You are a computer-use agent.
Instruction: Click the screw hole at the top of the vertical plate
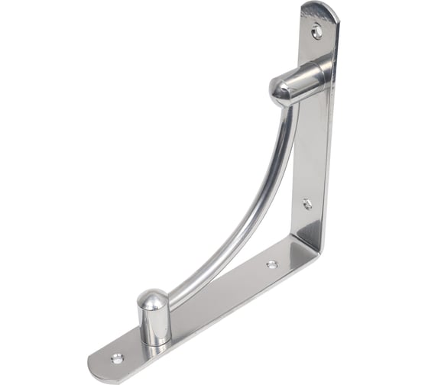(316, 31)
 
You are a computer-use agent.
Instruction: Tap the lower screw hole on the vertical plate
(306, 204)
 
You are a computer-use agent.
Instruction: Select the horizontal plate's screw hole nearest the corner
(271, 264)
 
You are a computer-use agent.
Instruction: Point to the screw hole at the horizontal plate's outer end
(117, 357)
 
